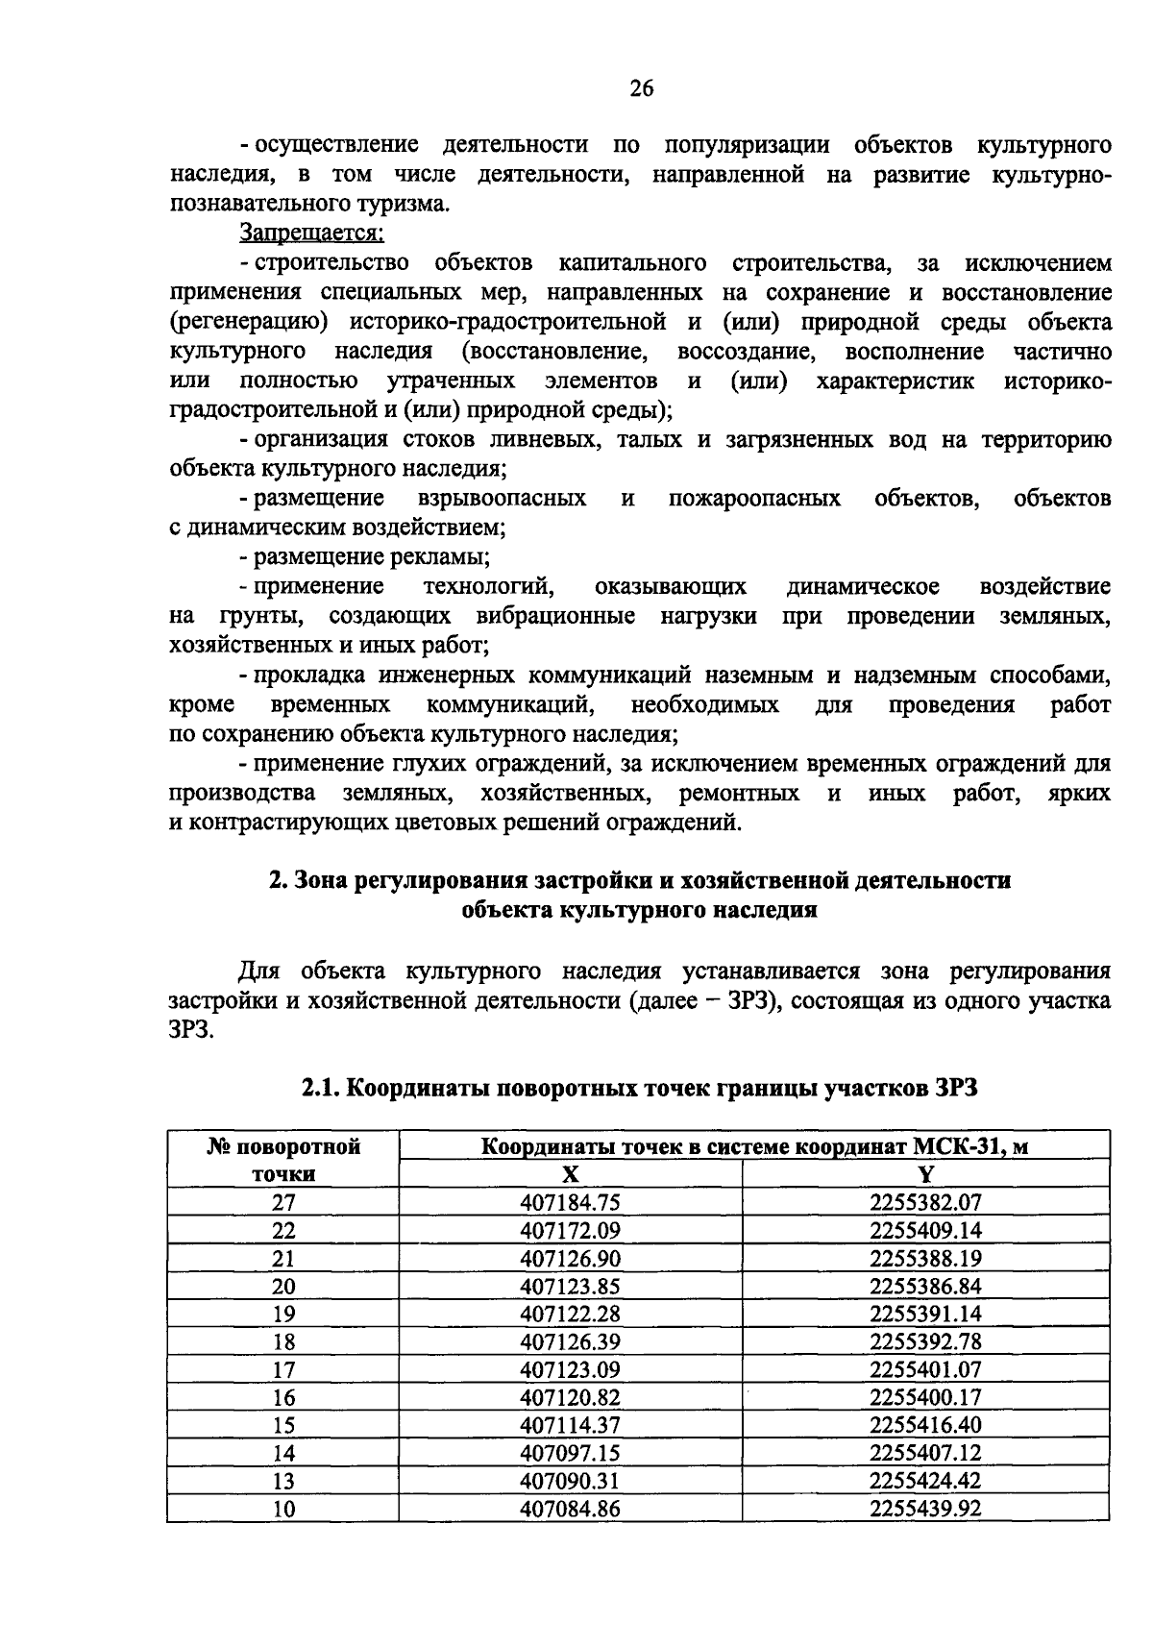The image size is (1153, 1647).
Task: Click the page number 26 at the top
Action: pos(642,89)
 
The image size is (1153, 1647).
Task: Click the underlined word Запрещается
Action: pos(311,234)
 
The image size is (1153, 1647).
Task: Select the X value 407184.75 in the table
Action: pos(570,1202)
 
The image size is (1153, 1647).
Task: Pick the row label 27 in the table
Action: pos(283,1202)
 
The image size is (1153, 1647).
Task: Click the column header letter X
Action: pos(570,1174)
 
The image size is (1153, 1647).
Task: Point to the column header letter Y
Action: pos(926,1174)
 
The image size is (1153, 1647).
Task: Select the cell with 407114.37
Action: pos(570,1425)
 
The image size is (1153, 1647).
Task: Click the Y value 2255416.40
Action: pos(925,1425)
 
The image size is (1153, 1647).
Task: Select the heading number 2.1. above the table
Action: pos(319,1088)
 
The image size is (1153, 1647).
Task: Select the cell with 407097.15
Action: pos(570,1453)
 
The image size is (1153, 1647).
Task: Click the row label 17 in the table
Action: pos(283,1369)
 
